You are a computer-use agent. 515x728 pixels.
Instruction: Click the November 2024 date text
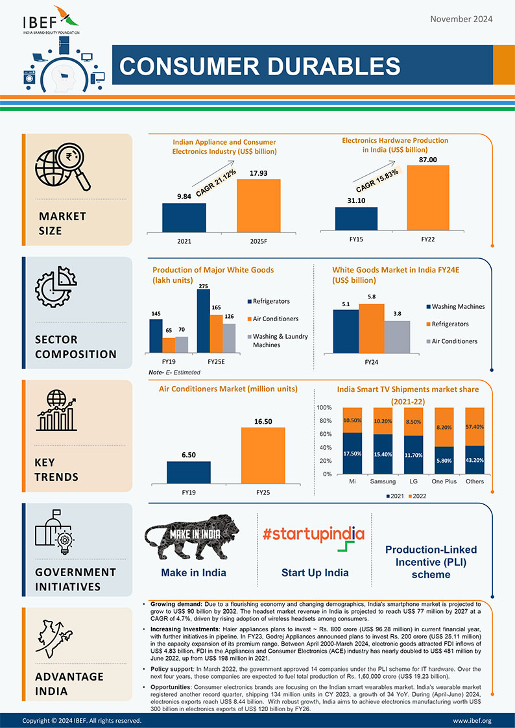(461, 19)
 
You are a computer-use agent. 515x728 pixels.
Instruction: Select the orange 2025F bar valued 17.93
(258, 204)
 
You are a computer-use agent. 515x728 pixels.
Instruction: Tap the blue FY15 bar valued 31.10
(356, 218)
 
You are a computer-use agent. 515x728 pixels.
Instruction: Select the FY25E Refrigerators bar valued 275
(204, 320)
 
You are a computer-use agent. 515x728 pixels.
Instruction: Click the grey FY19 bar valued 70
(181, 343)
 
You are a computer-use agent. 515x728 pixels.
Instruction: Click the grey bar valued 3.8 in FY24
(397, 335)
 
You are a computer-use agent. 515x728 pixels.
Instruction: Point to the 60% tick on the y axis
(324, 435)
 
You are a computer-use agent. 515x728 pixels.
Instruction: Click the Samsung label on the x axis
(383, 481)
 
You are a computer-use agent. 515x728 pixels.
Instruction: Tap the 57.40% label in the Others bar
(474, 427)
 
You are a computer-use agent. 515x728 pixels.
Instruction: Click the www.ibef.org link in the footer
(472, 721)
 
